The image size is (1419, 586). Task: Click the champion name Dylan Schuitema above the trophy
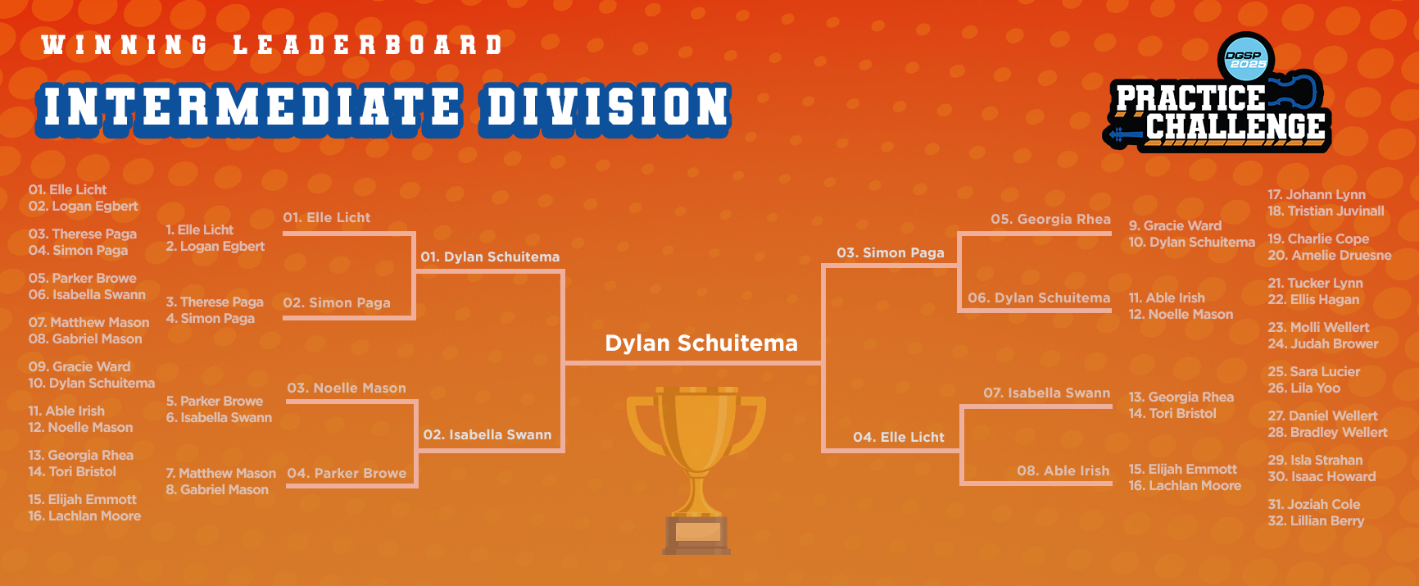tap(701, 343)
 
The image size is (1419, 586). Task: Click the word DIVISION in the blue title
tap(607, 107)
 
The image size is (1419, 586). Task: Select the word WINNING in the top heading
tap(125, 44)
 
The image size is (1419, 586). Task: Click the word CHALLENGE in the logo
tap(1235, 126)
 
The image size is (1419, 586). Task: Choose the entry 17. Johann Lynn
tap(1317, 195)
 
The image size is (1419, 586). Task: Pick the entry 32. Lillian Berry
tap(1316, 521)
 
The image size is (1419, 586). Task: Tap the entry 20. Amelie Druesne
tap(1330, 256)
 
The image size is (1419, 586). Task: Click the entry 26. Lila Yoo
tap(1303, 388)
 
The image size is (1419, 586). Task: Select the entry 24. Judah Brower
tap(1323, 344)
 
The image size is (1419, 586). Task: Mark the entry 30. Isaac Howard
tap(1322, 477)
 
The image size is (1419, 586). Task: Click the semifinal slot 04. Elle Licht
tap(899, 438)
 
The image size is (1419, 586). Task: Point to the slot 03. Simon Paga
tap(891, 253)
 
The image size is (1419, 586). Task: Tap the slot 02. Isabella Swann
tap(487, 435)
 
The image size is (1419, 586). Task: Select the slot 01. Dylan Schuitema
tap(490, 257)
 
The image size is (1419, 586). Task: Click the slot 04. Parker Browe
tap(347, 474)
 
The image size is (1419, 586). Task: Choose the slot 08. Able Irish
tap(1063, 471)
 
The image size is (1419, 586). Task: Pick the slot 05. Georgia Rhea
tap(1050, 220)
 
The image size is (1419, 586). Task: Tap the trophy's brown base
tap(696, 535)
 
